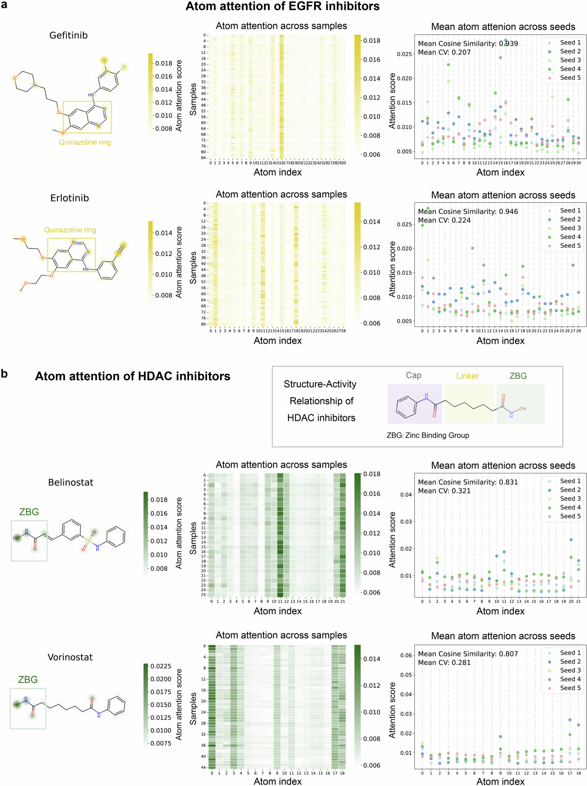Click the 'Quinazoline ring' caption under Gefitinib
click(x=85, y=142)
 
